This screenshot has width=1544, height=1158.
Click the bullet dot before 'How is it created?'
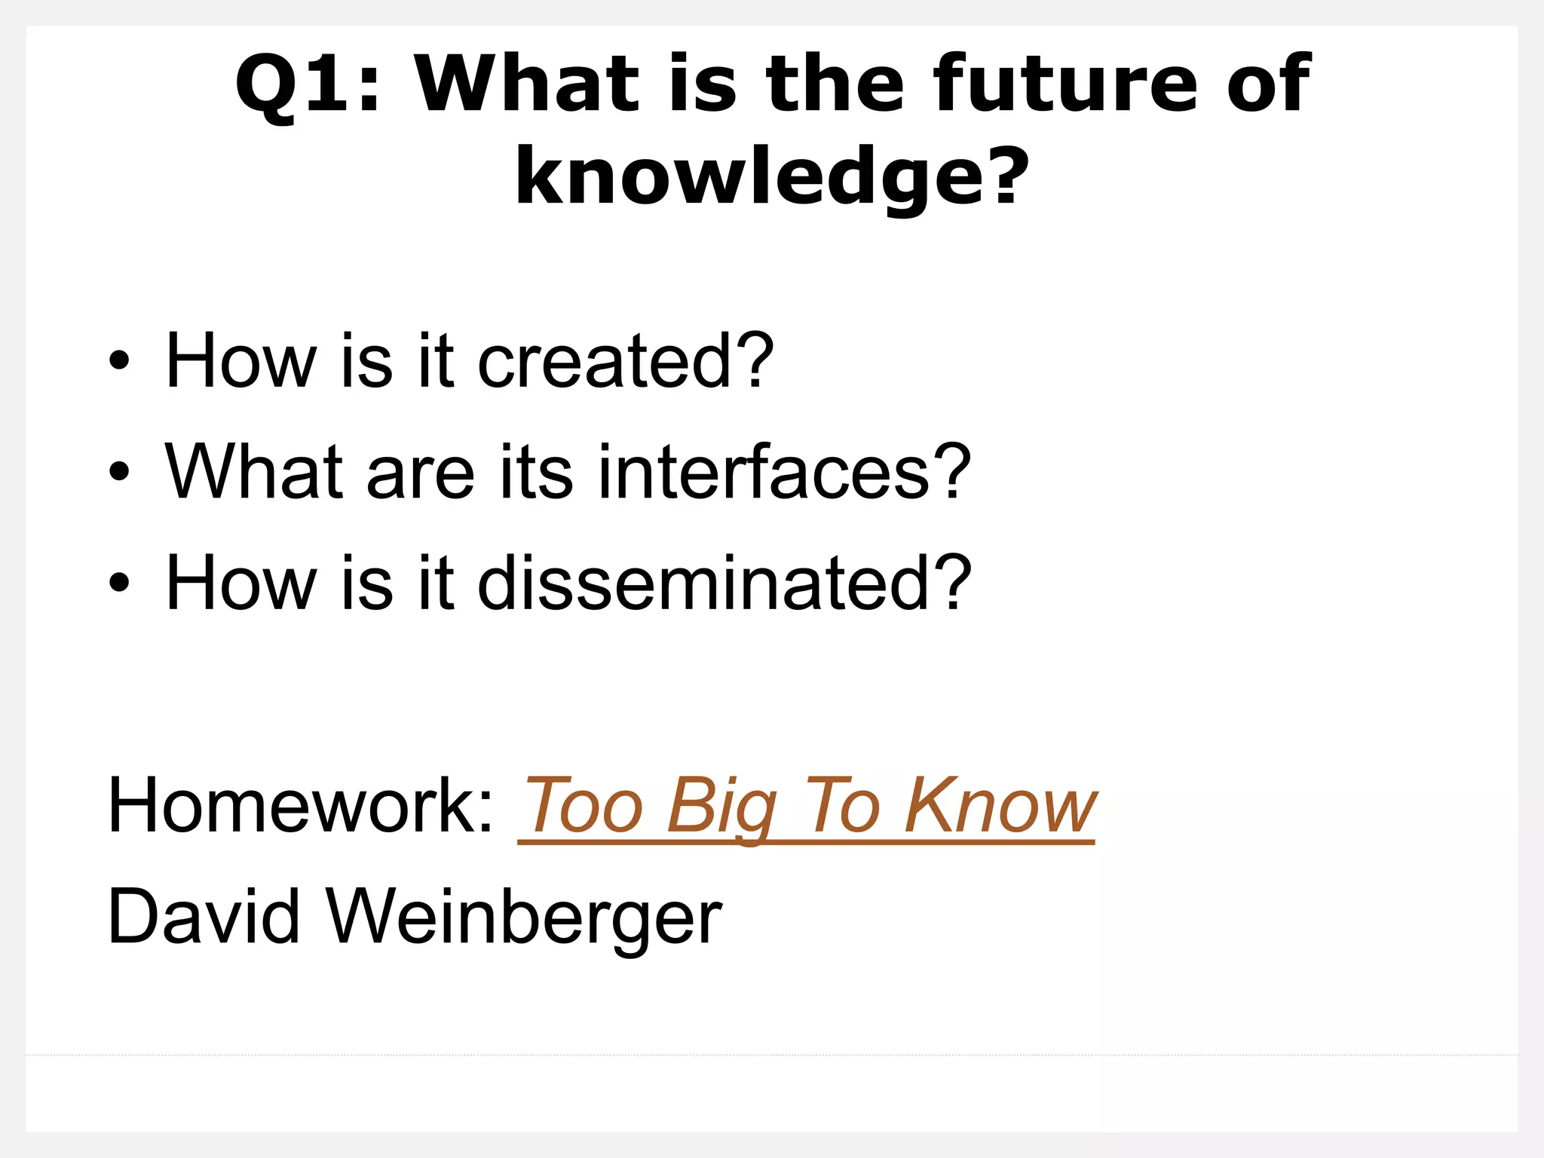coord(119,361)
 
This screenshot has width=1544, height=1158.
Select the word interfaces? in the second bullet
coord(784,472)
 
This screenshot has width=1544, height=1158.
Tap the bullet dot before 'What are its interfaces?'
coord(119,472)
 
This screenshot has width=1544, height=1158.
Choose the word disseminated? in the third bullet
coord(724,583)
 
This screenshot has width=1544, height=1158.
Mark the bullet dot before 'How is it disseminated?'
coord(119,583)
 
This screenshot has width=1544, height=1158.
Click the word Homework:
coord(300,806)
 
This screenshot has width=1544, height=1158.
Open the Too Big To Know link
coord(807,806)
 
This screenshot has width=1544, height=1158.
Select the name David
coord(204,917)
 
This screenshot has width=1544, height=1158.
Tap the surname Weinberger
coord(523,917)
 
